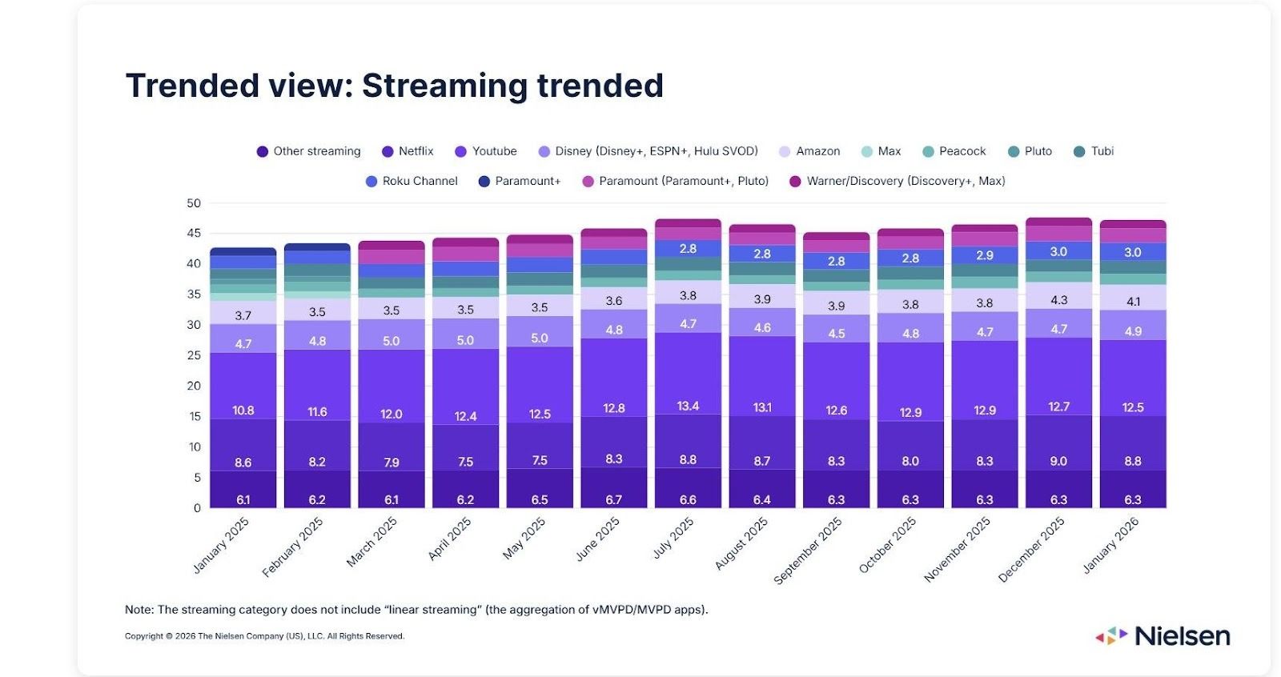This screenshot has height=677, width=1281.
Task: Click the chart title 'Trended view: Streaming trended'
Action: click(x=395, y=86)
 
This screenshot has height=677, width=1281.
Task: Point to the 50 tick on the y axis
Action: click(x=194, y=203)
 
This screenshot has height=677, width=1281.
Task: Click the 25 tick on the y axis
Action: click(x=194, y=355)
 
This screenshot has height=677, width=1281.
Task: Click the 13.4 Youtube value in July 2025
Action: click(x=688, y=406)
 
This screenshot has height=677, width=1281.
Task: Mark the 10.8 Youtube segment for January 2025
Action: click(x=243, y=411)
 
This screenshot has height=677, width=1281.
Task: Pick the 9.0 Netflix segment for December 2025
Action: click(x=1058, y=461)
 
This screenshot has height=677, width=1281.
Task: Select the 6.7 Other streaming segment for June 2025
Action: click(x=614, y=499)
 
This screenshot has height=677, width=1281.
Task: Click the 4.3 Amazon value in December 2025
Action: click(x=1058, y=300)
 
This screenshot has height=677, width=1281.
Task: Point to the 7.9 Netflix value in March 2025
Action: click(x=392, y=463)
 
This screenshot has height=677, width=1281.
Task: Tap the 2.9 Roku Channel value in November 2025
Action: click(x=985, y=255)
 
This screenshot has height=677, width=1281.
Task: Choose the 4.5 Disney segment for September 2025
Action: click(x=837, y=334)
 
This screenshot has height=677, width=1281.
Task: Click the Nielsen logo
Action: click(x=1163, y=636)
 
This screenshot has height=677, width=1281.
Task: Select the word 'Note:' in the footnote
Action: click(x=139, y=610)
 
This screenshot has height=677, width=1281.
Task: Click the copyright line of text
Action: click(x=264, y=636)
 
